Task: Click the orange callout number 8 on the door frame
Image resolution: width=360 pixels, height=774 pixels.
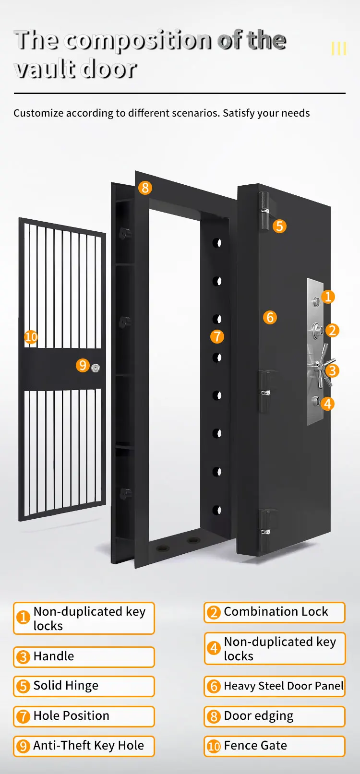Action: click(x=145, y=188)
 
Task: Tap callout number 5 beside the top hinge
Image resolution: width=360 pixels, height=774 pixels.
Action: click(x=279, y=226)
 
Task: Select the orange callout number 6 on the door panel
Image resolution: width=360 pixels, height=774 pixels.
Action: click(x=270, y=317)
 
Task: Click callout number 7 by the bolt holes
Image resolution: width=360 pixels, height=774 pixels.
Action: click(x=217, y=336)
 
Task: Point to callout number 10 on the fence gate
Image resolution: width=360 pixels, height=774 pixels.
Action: click(x=31, y=337)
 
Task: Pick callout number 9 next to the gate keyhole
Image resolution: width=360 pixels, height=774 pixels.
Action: click(x=83, y=366)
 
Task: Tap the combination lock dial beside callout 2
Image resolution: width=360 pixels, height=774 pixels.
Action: click(x=318, y=330)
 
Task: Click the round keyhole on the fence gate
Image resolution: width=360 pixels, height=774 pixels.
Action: click(x=96, y=368)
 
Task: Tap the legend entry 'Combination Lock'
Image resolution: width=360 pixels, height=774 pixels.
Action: click(x=275, y=612)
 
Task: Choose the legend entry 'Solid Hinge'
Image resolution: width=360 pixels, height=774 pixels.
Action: click(x=84, y=686)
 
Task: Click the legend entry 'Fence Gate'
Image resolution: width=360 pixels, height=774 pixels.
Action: click(x=275, y=746)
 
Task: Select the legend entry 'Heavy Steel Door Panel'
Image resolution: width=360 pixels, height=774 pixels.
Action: click(x=275, y=686)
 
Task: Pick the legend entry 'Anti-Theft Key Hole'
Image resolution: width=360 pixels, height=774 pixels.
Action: click(x=84, y=746)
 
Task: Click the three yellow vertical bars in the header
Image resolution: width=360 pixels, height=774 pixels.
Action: click(x=339, y=48)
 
